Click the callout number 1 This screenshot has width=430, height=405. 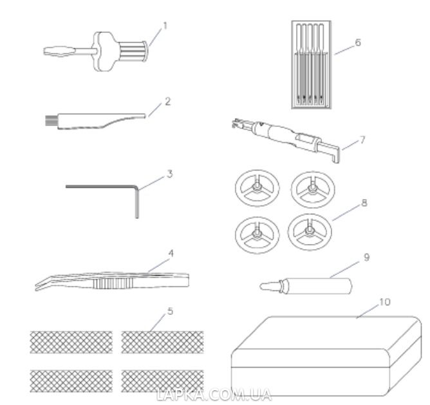(165, 26)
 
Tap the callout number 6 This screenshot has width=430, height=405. (358, 42)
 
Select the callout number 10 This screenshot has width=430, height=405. (384, 302)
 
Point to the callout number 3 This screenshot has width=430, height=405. (170, 174)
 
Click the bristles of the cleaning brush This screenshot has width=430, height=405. (50, 121)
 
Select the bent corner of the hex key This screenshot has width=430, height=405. (136, 187)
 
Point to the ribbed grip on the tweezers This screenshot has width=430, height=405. (113, 283)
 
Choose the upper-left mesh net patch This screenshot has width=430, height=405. (71, 342)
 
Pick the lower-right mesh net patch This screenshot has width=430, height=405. (162, 381)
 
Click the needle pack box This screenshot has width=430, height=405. (312, 65)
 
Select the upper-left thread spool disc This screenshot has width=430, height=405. (257, 188)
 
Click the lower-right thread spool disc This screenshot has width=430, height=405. (310, 232)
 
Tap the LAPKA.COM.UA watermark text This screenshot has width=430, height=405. (214, 395)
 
